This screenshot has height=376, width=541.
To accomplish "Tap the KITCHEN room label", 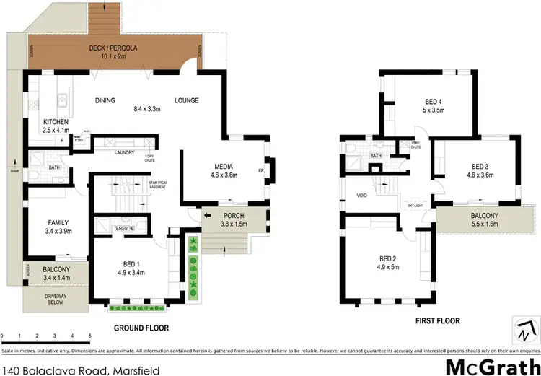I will coord(56,121).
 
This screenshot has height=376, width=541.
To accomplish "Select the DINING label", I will coord(105,100).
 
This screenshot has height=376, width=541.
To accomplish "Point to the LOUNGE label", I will coord(186,100).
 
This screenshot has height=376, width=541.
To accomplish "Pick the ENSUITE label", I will coord(126,229).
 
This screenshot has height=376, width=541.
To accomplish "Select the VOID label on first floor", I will coord(362,195).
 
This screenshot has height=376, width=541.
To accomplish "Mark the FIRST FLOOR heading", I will coord(438,320).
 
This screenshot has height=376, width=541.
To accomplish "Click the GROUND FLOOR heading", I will coord(141,328).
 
